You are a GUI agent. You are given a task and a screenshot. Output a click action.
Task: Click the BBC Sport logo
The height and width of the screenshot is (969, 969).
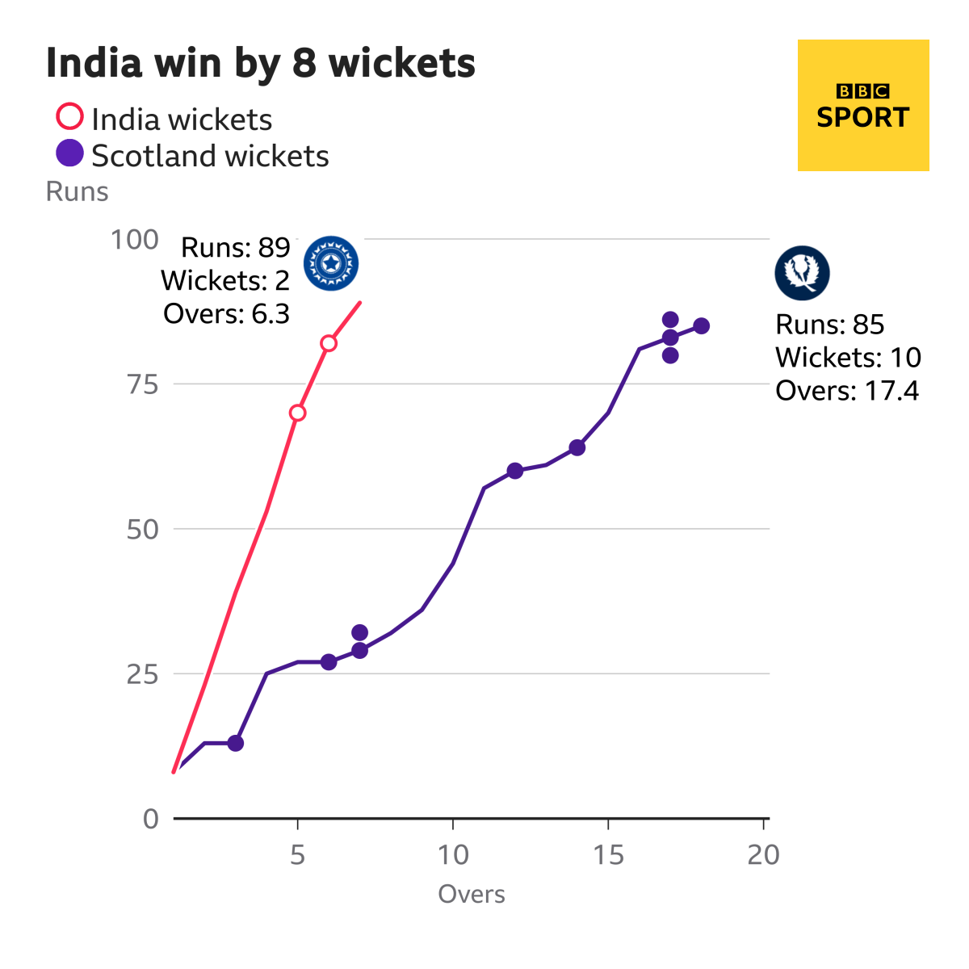[862, 106]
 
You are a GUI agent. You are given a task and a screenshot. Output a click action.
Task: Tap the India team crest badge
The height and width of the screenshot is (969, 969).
[331, 263]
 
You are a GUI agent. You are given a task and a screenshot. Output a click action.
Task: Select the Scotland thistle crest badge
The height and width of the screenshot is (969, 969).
[802, 273]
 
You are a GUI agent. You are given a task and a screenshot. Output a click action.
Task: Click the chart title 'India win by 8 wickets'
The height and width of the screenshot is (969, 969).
[260, 63]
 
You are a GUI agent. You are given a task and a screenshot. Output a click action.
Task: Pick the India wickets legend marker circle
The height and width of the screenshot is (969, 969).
[69, 116]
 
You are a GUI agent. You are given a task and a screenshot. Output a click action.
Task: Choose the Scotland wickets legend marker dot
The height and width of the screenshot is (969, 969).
[69, 153]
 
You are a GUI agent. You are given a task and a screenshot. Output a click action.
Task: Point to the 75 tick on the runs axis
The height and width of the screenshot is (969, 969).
[142, 384]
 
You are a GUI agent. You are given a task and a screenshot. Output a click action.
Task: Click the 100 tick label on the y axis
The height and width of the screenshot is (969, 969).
[134, 240]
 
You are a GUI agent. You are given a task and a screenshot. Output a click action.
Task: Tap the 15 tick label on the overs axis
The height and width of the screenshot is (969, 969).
[608, 854]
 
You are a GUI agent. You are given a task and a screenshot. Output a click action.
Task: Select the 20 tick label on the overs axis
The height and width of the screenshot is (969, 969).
[763, 854]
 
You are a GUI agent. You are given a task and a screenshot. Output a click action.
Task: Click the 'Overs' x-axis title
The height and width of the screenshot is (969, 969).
[472, 894]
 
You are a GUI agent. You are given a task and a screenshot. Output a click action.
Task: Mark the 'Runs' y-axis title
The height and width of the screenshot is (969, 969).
[77, 191]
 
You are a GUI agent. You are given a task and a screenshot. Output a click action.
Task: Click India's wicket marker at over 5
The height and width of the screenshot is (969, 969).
[297, 413]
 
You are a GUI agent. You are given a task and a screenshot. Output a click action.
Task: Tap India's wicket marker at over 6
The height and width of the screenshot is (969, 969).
[329, 343]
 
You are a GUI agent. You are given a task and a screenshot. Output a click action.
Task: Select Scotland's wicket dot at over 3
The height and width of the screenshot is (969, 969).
[235, 743]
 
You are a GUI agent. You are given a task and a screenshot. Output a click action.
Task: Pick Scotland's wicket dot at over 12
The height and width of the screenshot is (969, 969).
[515, 471]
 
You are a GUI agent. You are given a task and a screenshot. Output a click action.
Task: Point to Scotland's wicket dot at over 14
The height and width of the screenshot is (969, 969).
[577, 447]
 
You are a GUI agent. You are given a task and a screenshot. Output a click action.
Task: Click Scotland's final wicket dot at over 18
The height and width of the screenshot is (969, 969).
[701, 326]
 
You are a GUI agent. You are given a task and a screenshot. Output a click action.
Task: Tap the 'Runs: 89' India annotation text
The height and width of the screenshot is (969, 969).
[235, 247]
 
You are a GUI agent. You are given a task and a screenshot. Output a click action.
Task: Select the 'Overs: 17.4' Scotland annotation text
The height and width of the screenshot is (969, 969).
[847, 391]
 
